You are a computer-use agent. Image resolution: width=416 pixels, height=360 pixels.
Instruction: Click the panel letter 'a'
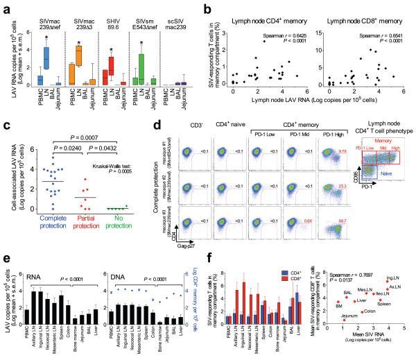[5, 6]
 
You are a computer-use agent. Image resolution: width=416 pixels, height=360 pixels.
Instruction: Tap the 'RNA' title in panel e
[39, 263]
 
